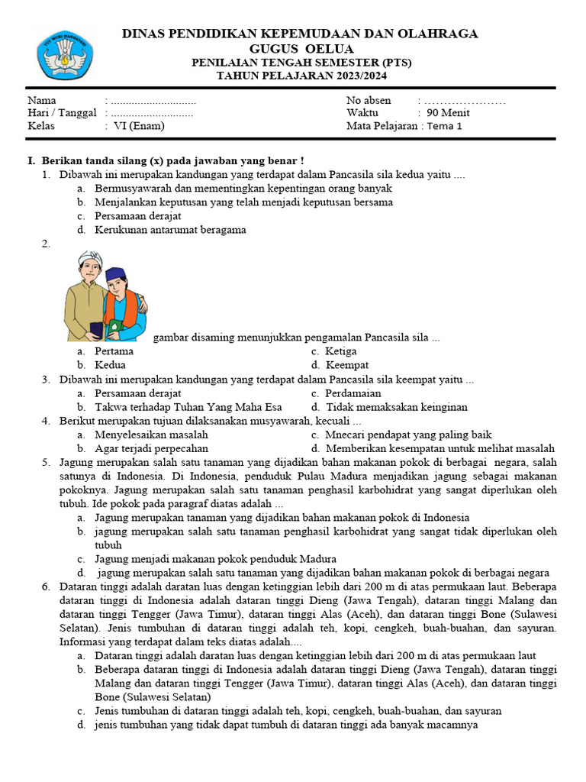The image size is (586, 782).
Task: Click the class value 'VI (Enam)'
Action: (138, 126)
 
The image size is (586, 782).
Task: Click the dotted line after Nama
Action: (153, 101)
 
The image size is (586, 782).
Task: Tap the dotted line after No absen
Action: (465, 101)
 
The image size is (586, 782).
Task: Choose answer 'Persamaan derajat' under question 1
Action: (137, 216)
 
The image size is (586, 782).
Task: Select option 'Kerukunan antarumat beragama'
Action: (170, 230)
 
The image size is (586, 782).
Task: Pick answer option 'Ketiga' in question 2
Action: (341, 351)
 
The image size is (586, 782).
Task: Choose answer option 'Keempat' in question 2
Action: (347, 365)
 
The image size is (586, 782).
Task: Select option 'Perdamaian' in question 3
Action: (356, 393)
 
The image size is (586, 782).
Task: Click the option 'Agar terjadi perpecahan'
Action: (151, 449)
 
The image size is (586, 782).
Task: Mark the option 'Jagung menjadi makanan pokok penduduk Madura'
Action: (215, 559)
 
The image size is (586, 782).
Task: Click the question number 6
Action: (46, 586)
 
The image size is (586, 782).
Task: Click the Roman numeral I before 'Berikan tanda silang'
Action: (31, 161)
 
